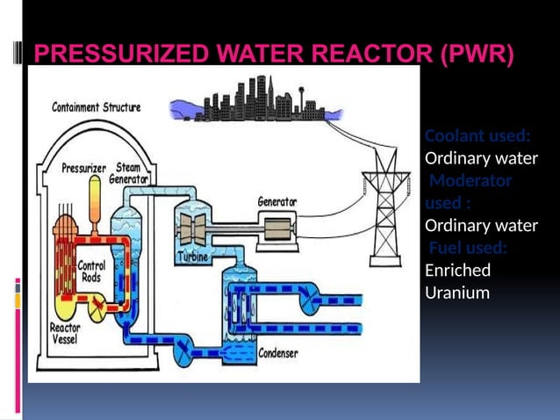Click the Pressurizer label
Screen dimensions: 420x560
(83, 168)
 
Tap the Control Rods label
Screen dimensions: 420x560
(92, 270)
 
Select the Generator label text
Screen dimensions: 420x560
(276, 202)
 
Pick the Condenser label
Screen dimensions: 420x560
(277, 354)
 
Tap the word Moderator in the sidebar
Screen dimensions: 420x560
(471, 181)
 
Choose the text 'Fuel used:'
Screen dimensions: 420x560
(466, 248)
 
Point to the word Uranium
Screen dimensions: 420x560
(456, 293)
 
